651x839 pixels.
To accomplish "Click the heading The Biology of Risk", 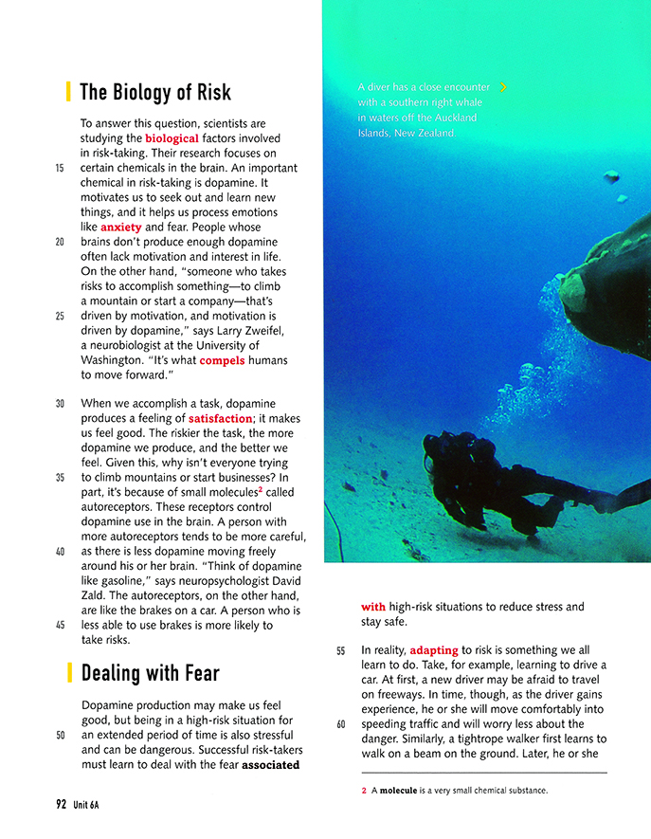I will pyautogui.click(x=155, y=92).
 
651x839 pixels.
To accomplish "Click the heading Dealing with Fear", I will pyautogui.click(x=150, y=674).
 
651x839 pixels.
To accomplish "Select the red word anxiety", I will pyautogui.click(x=120, y=227).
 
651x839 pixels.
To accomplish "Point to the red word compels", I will pyautogui.click(x=222, y=360).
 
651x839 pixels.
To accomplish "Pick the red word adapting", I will pyautogui.click(x=433, y=650).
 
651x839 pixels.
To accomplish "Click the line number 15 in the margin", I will pyautogui.click(x=60, y=168).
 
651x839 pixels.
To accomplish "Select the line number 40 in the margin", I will pyautogui.click(x=60, y=551).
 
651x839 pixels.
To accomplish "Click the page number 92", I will pyautogui.click(x=61, y=805).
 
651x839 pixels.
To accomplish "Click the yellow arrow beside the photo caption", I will pyautogui.click(x=503, y=87).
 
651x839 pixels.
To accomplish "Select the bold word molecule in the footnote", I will pyautogui.click(x=399, y=790).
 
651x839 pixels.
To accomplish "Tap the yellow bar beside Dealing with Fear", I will pyautogui.click(x=68, y=674).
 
